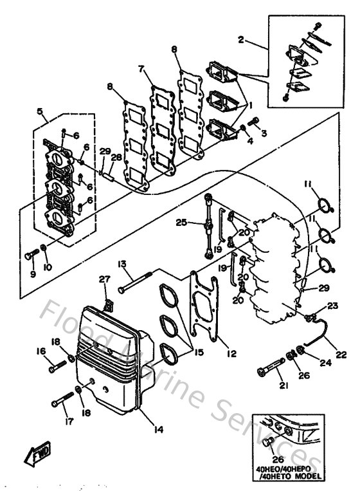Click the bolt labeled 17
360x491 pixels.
tap(64, 401)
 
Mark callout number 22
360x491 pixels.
tap(341, 353)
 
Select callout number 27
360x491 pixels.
tap(105, 279)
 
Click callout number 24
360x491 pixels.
tap(325, 362)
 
